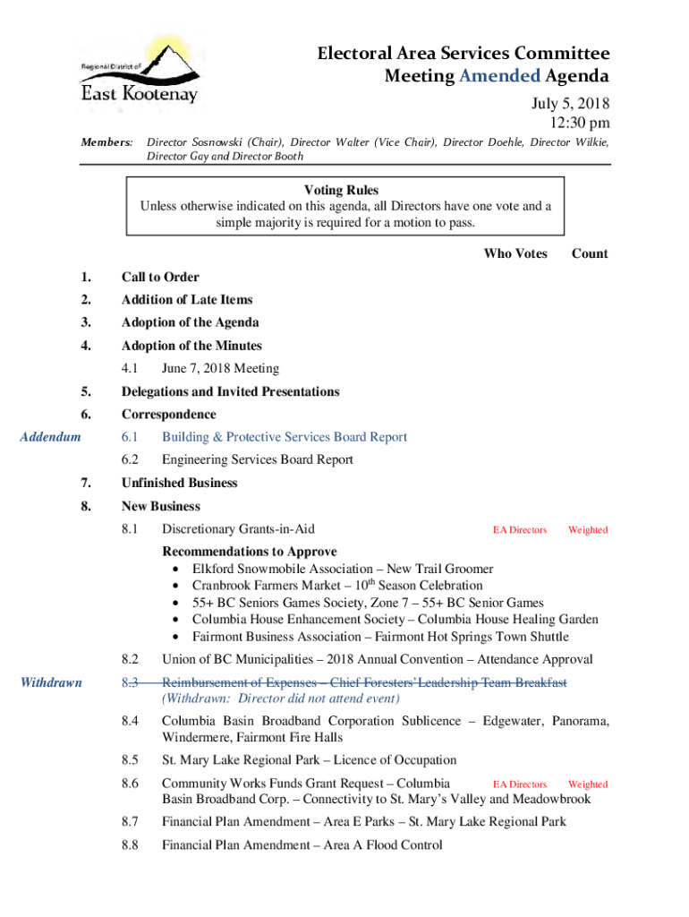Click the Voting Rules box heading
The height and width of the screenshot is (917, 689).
tap(341, 190)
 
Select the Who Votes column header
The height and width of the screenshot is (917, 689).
tap(515, 253)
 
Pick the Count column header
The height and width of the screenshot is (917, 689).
tap(590, 253)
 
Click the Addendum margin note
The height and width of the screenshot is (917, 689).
tap(50, 437)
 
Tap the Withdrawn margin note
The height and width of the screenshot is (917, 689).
tap(51, 682)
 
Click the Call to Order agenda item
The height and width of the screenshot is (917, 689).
tap(160, 277)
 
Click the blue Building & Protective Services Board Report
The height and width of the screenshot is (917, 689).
tap(284, 437)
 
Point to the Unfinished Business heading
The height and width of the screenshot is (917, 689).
tap(179, 483)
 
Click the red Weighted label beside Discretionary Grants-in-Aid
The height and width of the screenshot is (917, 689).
tap(587, 530)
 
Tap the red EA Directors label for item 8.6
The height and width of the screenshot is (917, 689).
tap(520, 784)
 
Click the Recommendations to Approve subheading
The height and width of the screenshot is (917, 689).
tap(249, 551)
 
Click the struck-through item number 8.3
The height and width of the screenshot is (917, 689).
tap(131, 683)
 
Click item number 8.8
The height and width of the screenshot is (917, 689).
tap(131, 844)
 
